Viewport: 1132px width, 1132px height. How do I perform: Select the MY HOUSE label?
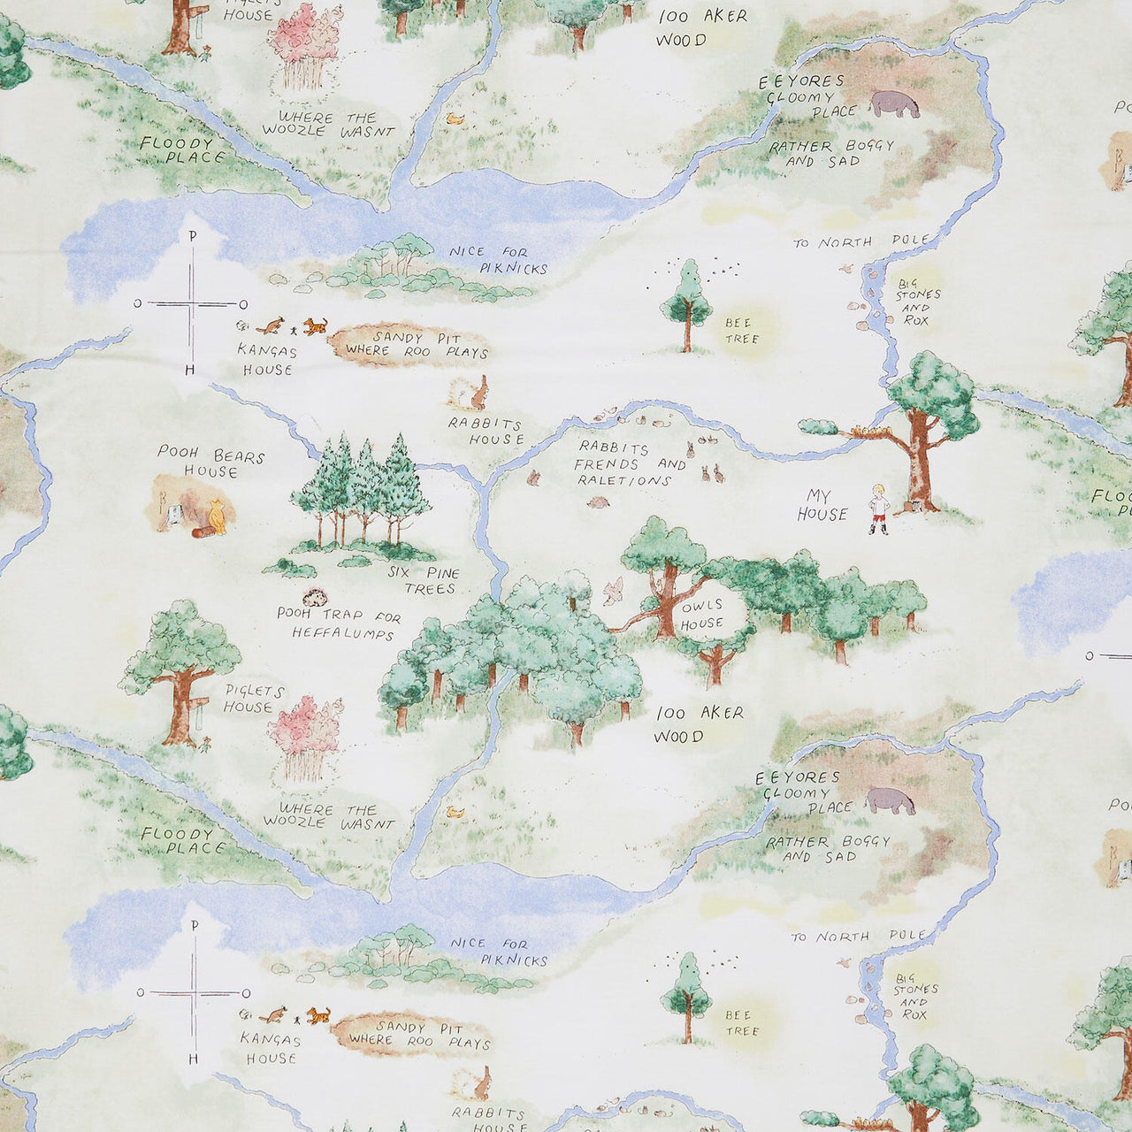pos(822,505)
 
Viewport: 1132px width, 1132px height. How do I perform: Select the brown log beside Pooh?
pos(202,532)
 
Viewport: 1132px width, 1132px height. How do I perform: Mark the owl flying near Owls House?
pos(613,591)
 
